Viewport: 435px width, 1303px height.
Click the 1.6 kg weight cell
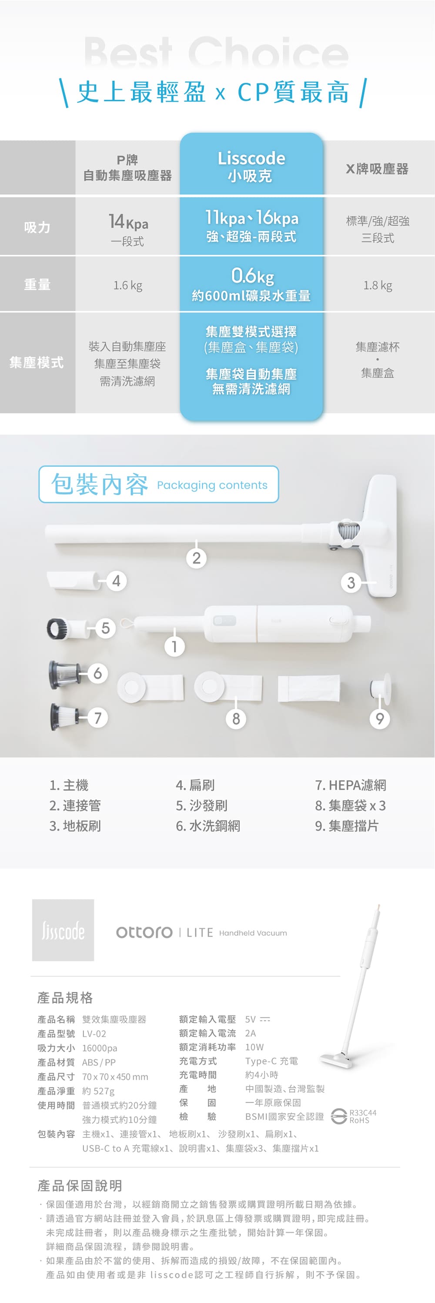[x=127, y=285]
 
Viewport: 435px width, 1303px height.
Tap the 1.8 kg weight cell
[x=378, y=285]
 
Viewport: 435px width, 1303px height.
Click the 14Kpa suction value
[x=128, y=222]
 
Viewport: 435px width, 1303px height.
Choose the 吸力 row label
[x=37, y=227]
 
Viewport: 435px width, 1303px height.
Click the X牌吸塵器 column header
[x=377, y=169]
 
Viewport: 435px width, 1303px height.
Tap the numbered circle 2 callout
[x=197, y=558]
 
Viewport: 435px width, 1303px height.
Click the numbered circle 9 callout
[x=380, y=718]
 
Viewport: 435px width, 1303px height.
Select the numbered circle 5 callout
[x=105, y=628]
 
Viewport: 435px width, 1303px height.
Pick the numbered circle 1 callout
[x=175, y=646]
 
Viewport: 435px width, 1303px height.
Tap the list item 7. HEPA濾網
[x=351, y=784]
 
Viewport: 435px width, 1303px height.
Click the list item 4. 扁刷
[x=195, y=784]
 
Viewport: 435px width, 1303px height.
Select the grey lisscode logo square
[x=63, y=930]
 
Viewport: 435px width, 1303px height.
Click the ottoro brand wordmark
[x=144, y=932]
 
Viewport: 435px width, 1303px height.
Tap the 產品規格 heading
[x=65, y=997]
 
